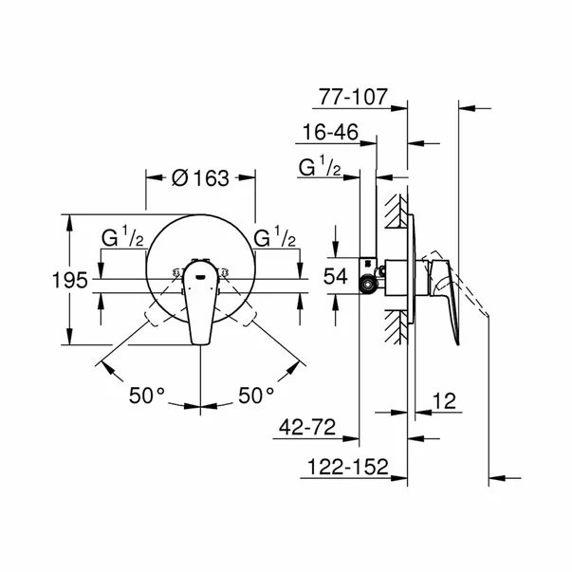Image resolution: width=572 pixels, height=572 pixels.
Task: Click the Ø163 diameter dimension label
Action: click(199, 176)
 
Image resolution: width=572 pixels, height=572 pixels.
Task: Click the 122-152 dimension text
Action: click(353, 467)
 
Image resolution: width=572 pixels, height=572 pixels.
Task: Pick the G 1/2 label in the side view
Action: click(320, 169)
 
